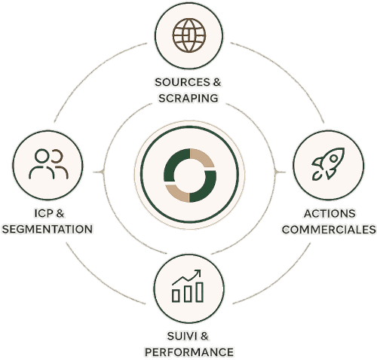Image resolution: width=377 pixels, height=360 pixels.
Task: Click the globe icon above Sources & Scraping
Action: point(189,35)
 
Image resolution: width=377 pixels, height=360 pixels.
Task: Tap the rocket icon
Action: point(328,163)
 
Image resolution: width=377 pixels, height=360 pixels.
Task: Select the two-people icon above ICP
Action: point(48,164)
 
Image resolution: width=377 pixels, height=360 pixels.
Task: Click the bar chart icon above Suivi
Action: point(188,286)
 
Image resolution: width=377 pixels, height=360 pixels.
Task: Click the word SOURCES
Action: point(182,82)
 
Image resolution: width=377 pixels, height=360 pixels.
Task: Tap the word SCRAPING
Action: point(188,98)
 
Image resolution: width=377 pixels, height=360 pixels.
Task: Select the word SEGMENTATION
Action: point(48,229)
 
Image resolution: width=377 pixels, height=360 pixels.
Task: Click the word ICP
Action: point(44,213)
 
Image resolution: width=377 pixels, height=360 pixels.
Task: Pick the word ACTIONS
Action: point(329,214)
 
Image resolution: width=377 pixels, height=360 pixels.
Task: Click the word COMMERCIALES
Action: point(329,230)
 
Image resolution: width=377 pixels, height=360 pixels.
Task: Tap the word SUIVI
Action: point(182,336)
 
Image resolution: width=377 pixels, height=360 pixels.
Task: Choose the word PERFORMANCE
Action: point(189,352)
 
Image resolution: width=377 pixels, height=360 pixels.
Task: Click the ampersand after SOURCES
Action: point(216,82)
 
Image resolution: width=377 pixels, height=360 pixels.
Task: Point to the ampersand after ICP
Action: point(60,213)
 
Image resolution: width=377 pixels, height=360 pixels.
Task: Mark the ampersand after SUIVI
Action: point(204,336)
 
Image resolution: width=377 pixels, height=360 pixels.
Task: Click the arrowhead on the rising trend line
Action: point(198,273)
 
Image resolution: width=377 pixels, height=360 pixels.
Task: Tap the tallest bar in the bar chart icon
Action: point(200,292)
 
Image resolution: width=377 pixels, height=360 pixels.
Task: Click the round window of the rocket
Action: point(333,158)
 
